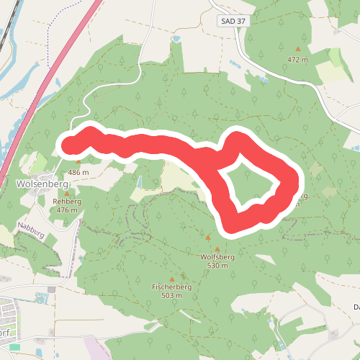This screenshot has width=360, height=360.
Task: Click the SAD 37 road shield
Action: pos(233,22)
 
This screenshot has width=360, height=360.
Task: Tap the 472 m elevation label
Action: pos(297,60)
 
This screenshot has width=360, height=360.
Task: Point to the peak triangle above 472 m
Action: pos(297,49)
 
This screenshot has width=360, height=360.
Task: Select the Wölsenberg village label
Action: pos(41,184)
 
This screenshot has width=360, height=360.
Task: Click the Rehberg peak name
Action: pos(67,202)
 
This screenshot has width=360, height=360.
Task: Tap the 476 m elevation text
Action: pos(67,210)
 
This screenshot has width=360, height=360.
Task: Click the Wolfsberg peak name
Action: pos(217,256)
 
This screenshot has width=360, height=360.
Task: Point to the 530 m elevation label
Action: pos(217,265)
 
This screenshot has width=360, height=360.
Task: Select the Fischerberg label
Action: pos(171,287)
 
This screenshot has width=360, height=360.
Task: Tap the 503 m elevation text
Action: pos(171,296)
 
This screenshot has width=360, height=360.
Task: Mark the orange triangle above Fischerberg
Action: pos(171,279)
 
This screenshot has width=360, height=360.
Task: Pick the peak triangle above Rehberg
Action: pos(67,193)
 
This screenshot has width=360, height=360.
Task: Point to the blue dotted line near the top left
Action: pos(48,43)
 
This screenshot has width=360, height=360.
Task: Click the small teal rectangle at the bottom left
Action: pos(15,347)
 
